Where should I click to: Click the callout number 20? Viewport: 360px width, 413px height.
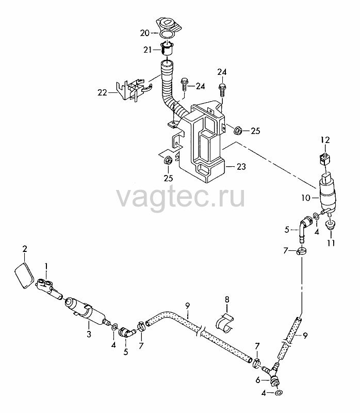point(145,33)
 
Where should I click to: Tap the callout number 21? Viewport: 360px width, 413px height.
point(148,50)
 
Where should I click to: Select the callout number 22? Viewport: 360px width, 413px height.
point(102,92)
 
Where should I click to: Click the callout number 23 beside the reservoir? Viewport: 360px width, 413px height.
point(241,166)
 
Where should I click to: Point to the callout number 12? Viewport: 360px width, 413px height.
point(325,140)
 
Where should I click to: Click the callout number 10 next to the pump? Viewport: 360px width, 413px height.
point(306,198)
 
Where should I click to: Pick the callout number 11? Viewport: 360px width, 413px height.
point(331,243)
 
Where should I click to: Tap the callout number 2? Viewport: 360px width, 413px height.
point(25,249)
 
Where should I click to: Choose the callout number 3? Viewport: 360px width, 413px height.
point(89,334)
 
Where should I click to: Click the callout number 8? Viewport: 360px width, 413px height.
point(227,299)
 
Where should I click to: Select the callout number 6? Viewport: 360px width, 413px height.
point(258,380)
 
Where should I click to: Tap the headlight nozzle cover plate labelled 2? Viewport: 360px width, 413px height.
point(24,275)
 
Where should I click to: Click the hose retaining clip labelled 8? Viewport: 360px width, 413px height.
point(224,322)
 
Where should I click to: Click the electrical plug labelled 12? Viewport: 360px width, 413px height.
point(325,158)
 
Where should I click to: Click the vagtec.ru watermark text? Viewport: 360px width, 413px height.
point(181,197)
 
